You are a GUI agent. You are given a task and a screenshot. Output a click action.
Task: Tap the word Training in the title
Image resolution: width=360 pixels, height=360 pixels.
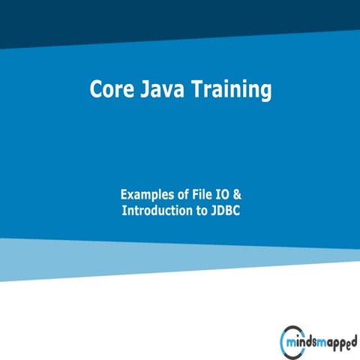(x=232, y=90)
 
